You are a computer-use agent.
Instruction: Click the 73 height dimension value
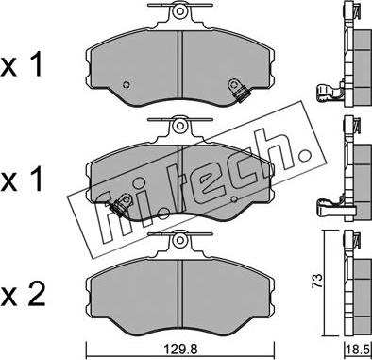click(317, 281)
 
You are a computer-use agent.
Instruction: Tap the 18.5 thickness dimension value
click(358, 350)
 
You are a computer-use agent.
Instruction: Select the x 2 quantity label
click(22, 296)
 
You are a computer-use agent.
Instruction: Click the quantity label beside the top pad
click(22, 65)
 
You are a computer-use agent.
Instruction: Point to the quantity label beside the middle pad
click(22, 180)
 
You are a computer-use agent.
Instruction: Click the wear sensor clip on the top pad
click(237, 90)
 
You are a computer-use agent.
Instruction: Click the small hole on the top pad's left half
click(127, 85)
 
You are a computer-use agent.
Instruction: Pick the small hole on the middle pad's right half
click(233, 198)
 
